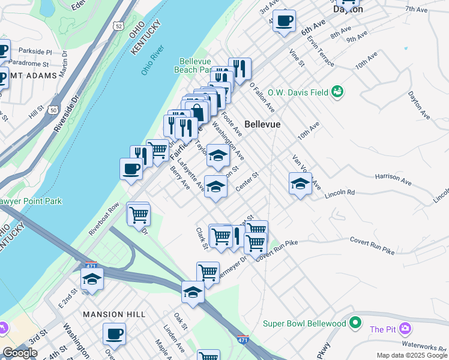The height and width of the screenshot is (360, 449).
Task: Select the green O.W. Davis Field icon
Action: tap(338, 91)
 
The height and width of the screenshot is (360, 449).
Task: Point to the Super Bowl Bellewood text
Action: tap(305, 324)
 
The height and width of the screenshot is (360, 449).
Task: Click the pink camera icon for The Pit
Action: tap(405, 328)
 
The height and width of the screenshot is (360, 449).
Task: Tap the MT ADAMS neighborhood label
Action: tap(36, 76)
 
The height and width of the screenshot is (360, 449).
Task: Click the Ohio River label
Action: tap(152, 61)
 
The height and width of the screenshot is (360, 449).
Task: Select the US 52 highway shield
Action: tap(118, 26)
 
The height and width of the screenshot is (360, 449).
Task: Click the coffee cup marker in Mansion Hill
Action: tap(114, 334)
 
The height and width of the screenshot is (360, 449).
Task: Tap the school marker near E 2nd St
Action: tap(92, 279)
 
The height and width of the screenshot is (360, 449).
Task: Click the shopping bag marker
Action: tap(197, 112)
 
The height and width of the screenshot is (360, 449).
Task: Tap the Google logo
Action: tap(20, 353)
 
